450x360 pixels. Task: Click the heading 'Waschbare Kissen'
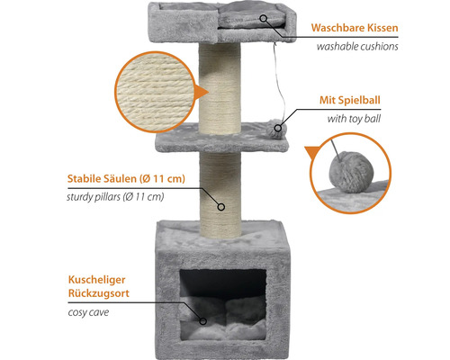[x=355, y=28]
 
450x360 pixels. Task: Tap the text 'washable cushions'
[x=357, y=47]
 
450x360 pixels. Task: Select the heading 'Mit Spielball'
[x=350, y=100]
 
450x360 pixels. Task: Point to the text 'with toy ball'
[x=354, y=119]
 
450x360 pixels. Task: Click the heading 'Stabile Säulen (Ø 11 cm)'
[x=126, y=179]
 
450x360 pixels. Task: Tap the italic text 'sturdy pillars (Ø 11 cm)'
[x=115, y=197]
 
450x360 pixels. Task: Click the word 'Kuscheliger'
[x=96, y=280]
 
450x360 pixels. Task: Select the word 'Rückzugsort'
[x=99, y=293]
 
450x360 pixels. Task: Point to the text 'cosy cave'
[x=88, y=312]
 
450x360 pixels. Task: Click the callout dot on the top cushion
[x=263, y=18]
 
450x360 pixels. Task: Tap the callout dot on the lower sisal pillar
[x=221, y=207]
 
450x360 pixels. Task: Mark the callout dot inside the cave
[x=203, y=321]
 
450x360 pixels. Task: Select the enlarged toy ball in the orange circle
[x=352, y=172]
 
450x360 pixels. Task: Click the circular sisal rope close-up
[x=155, y=92]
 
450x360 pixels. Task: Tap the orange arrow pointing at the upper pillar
[x=202, y=92]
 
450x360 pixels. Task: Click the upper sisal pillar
[x=220, y=88]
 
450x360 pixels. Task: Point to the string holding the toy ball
[x=279, y=83]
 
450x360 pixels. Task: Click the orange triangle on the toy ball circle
[x=313, y=152]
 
